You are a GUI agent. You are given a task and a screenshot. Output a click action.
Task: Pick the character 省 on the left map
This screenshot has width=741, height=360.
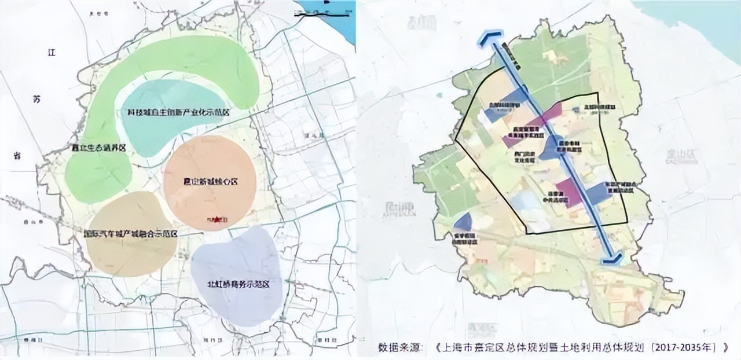18,155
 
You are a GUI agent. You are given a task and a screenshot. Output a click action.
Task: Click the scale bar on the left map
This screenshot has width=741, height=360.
313,12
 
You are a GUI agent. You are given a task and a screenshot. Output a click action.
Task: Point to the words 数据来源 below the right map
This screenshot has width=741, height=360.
399,348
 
